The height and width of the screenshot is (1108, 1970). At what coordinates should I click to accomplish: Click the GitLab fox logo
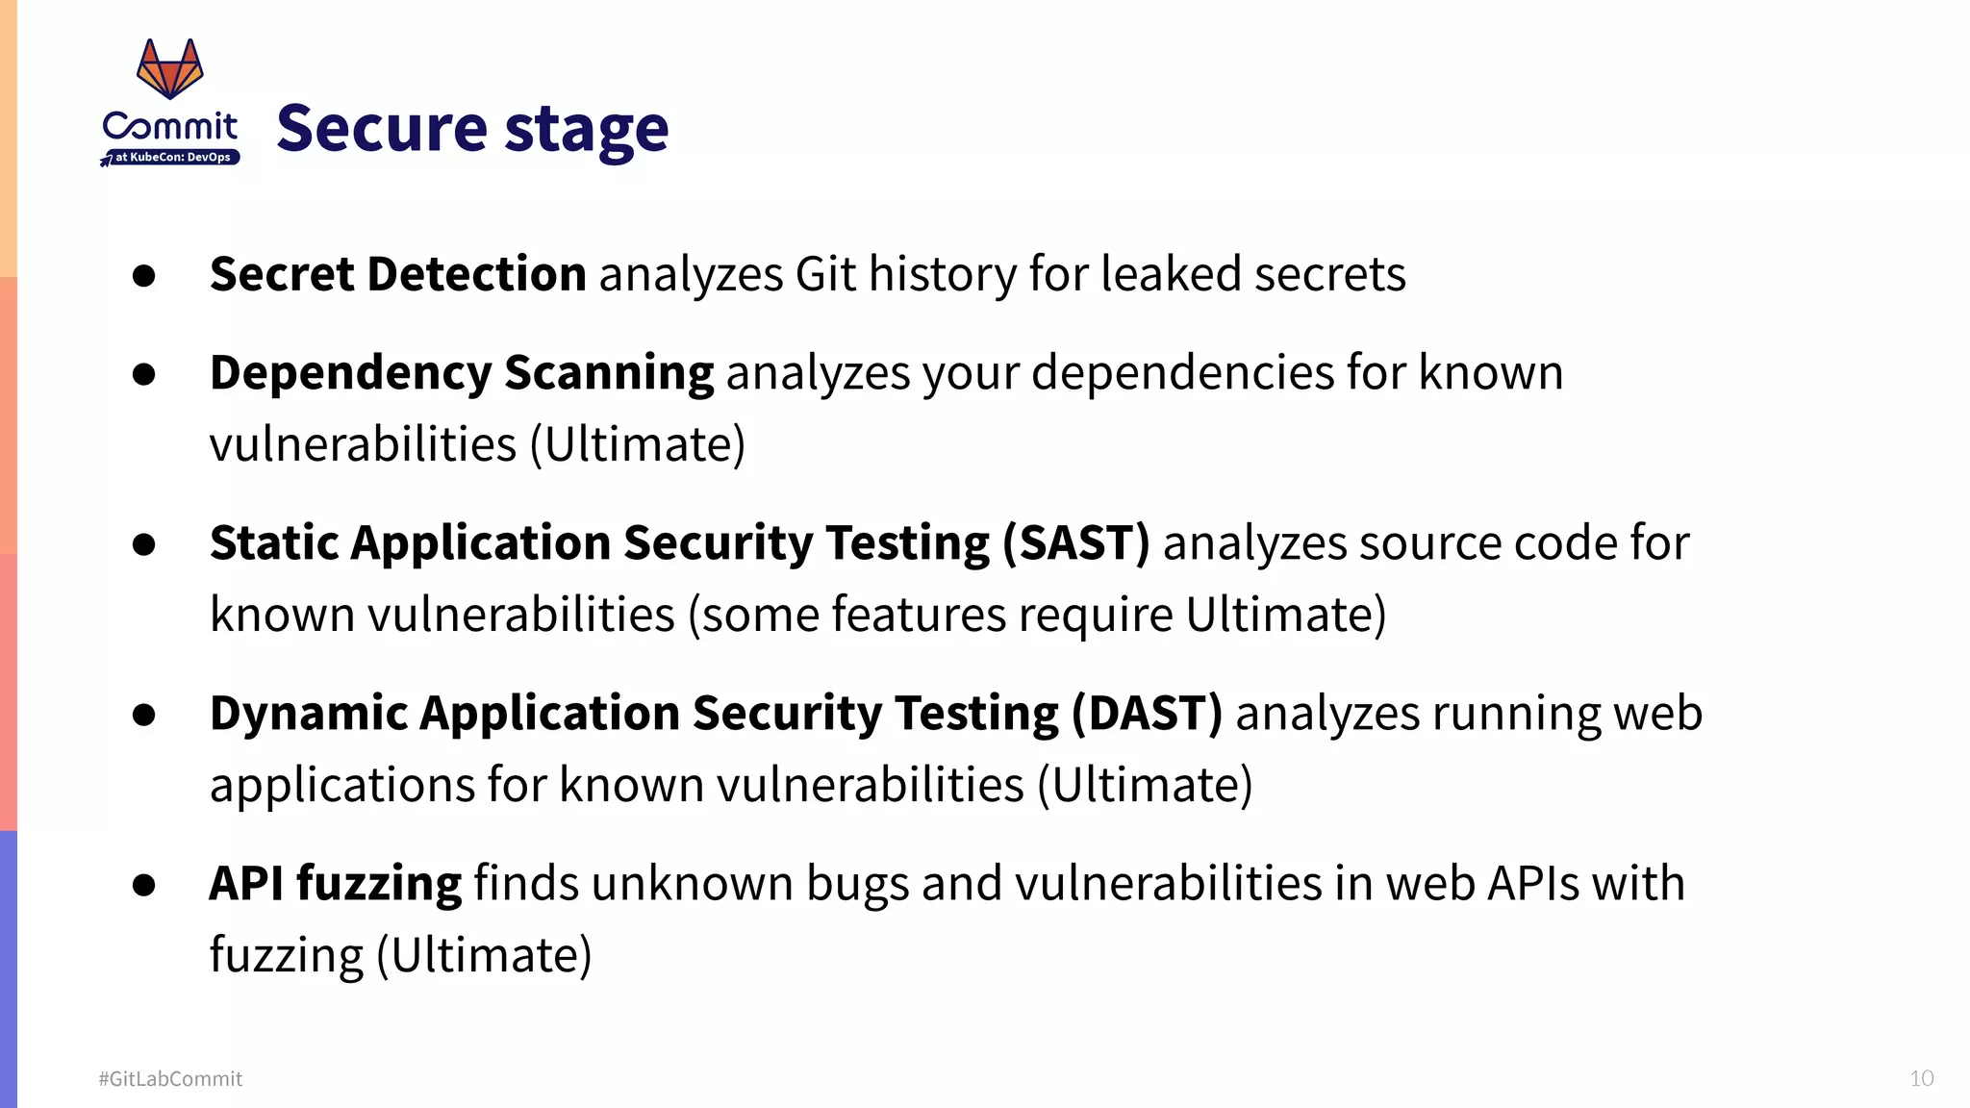[170, 68]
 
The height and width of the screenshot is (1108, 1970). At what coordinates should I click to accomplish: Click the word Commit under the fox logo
[170, 126]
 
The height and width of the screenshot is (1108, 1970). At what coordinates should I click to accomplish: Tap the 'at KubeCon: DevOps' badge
[171, 157]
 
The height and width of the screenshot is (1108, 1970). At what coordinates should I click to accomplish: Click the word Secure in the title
[382, 129]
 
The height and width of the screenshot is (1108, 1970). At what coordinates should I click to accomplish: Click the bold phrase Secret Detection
[397, 274]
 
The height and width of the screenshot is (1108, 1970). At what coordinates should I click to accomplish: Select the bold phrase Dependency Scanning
[462, 373]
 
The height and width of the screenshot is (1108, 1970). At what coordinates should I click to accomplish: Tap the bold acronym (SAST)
[1075, 543]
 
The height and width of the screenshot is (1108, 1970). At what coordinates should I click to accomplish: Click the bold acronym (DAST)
[1147, 714]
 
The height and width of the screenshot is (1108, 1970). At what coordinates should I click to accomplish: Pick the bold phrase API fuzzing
[335, 883]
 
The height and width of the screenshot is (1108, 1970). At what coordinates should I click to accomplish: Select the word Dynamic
[309, 714]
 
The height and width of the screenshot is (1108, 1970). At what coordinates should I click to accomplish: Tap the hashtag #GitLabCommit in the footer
[170, 1079]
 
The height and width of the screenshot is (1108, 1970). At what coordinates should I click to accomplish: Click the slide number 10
[1921, 1078]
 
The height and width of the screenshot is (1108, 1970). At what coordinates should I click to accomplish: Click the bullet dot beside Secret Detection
[144, 277]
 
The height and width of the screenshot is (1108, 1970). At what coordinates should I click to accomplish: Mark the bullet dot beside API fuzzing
[144, 885]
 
